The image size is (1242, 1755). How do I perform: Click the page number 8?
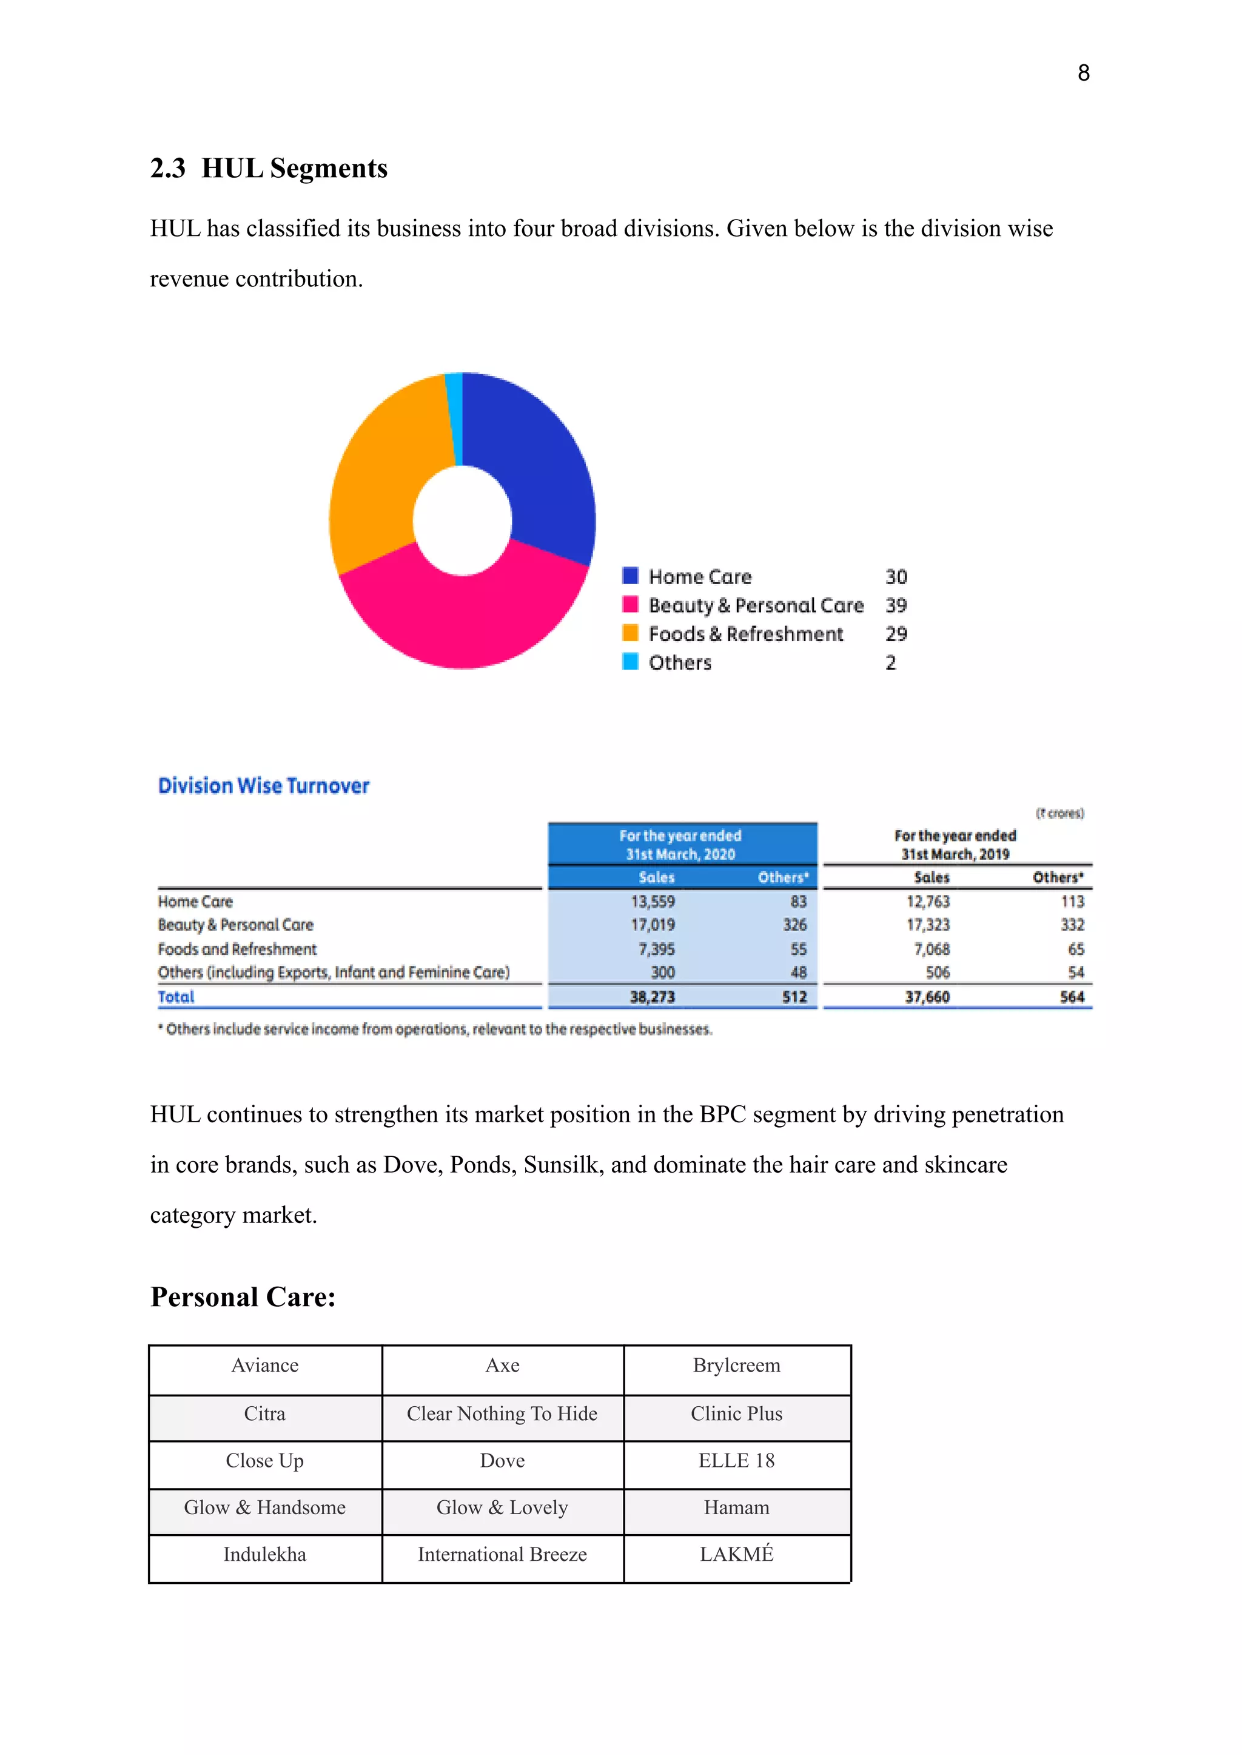pos(1083,73)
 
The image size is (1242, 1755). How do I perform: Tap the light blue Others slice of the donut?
pos(454,417)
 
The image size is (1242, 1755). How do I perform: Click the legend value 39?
pos(896,605)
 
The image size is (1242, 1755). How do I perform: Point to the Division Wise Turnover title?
pos(263,786)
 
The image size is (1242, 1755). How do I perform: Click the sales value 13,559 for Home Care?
pos(653,901)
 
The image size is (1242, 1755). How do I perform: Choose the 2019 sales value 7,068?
pos(931,949)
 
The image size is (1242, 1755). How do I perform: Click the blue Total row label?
pos(176,997)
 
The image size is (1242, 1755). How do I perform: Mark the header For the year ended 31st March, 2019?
pos(955,844)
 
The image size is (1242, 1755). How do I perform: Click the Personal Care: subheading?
pos(243,1298)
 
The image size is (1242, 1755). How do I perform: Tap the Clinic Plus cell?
pos(736,1414)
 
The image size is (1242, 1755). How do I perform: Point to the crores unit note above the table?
pos(1059,813)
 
